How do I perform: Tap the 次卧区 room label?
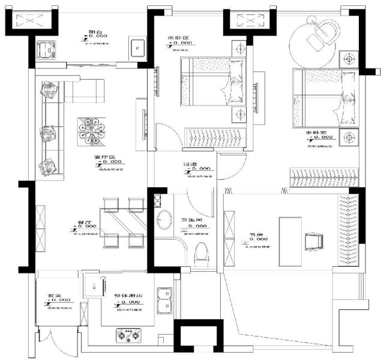(x=179, y=37)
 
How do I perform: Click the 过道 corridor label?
(x=191, y=164)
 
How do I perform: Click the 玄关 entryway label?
(x=56, y=296)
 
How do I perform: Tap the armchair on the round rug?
(x=322, y=37)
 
